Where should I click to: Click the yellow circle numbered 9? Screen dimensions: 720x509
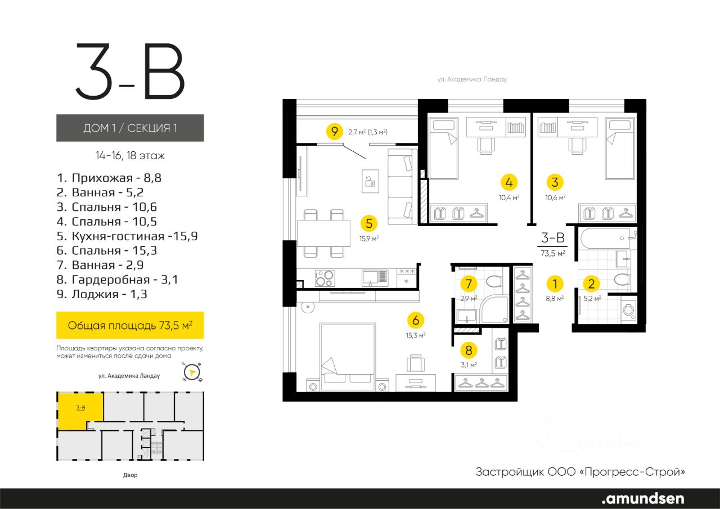[335, 132]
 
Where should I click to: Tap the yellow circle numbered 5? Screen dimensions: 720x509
[368, 223]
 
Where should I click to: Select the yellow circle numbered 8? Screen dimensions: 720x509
[469, 350]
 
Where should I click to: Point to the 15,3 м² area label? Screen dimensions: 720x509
[416, 335]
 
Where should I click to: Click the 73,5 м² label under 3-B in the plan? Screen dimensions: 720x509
[552, 254]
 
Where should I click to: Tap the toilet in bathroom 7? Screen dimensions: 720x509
[494, 281]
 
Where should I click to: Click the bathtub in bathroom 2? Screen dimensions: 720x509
[606, 238]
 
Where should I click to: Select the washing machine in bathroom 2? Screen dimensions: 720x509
[629, 310]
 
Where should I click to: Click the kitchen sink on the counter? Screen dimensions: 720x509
[375, 277]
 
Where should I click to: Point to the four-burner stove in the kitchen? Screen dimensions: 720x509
[325, 278]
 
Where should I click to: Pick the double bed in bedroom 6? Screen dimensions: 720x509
[348, 357]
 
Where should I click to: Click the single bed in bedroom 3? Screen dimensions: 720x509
[620, 148]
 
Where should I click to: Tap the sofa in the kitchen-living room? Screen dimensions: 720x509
[402, 186]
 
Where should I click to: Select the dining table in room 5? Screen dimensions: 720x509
[323, 233]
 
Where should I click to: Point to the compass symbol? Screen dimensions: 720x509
[192, 372]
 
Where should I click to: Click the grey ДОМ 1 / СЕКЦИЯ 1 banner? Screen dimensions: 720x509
[130, 128]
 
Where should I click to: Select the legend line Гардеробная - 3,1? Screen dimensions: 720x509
[117, 280]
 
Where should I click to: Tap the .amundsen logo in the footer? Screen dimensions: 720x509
[643, 498]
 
